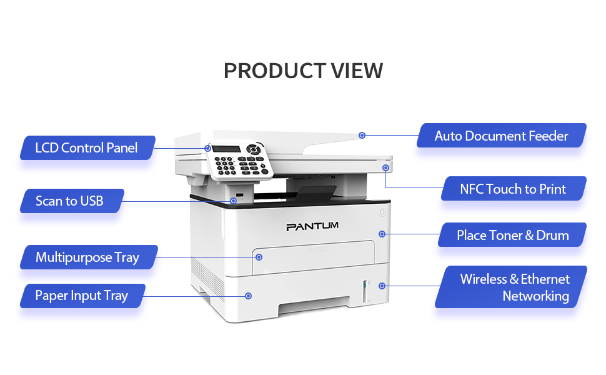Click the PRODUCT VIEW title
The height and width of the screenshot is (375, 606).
pos(303,71)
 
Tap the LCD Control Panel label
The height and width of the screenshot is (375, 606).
pos(86,148)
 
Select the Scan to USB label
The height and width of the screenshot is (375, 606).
pos(69,201)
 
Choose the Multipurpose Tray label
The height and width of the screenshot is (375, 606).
pos(87,257)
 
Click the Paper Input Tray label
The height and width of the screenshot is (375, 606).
pos(81,296)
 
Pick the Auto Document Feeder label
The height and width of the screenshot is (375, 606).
pos(501,136)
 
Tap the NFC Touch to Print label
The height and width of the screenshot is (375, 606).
pos(513,189)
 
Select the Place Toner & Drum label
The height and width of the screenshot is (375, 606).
pos(512,235)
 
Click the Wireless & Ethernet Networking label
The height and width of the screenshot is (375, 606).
pos(514,287)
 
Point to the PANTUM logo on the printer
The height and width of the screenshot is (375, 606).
pos(312,226)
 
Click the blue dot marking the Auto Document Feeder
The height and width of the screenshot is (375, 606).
pos(362,135)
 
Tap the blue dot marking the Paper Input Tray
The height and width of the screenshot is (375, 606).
pos(249,296)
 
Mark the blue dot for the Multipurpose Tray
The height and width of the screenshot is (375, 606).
pos(259,257)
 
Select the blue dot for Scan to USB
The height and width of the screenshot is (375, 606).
pos(233,201)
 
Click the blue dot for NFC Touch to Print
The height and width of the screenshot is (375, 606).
pos(385,167)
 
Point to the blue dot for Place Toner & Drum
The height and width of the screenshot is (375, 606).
pos(382,234)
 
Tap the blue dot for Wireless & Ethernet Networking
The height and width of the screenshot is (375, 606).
pos(382,286)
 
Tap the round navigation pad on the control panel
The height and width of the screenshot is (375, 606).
pos(254,150)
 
